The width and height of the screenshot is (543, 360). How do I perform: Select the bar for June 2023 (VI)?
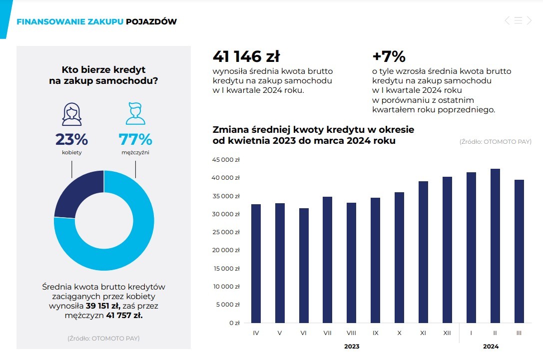tap(304, 265)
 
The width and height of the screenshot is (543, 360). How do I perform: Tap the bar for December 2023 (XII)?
tap(447, 250)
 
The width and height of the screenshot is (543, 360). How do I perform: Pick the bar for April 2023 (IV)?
tap(256, 263)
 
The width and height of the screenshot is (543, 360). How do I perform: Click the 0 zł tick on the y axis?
tap(234, 323)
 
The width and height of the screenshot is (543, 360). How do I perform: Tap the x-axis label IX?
tap(375, 333)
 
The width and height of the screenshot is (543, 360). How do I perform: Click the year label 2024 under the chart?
tap(491, 346)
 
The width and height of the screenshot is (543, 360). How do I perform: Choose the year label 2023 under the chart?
tap(351, 346)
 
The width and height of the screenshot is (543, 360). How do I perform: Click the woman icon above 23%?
tap(71, 114)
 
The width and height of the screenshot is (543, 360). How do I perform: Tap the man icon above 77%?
tap(135, 114)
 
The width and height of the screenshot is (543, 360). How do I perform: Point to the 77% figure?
tap(135, 139)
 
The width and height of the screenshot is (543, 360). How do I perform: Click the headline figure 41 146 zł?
tap(246, 56)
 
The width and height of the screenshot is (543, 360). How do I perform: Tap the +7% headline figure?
tap(389, 56)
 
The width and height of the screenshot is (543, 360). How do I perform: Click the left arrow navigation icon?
tap(507, 20)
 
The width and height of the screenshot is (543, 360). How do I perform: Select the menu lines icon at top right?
tap(518, 20)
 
